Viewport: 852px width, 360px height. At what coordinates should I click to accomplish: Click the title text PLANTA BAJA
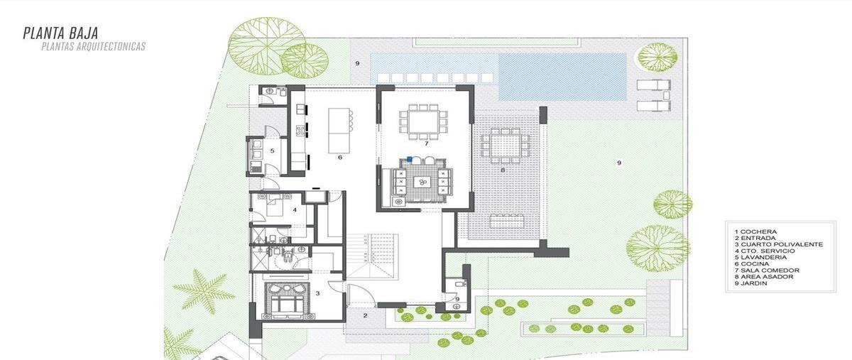click(x=61, y=33)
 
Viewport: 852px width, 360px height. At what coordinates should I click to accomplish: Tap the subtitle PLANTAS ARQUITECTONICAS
click(x=93, y=46)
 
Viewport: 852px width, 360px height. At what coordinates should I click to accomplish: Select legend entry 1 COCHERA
click(x=755, y=231)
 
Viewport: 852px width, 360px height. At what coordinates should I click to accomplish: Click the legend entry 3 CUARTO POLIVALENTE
click(x=779, y=244)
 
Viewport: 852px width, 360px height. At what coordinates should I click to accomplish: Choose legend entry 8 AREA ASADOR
click(x=764, y=277)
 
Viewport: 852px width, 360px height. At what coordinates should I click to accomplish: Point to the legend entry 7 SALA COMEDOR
click(x=767, y=271)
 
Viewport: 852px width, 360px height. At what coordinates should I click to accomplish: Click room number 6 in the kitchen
click(x=340, y=157)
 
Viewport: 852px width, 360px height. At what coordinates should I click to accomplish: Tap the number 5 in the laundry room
click(x=273, y=151)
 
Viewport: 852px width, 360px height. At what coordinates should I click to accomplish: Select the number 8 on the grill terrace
click(x=503, y=170)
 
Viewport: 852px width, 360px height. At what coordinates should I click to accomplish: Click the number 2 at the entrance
click(x=365, y=315)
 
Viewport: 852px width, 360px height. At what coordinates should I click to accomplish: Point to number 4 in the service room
click(x=295, y=209)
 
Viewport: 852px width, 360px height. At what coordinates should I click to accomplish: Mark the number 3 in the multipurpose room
click(x=317, y=293)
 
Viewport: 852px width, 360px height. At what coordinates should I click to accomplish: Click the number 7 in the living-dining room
click(x=427, y=143)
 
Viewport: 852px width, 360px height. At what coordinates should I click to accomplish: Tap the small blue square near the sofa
click(x=409, y=159)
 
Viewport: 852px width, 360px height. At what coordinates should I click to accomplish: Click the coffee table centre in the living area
click(x=422, y=182)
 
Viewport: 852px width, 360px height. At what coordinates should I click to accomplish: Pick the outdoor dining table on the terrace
click(x=505, y=145)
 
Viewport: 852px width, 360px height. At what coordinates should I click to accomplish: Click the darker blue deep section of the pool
click(x=562, y=77)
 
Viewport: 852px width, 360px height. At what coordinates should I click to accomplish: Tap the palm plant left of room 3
click(x=204, y=290)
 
